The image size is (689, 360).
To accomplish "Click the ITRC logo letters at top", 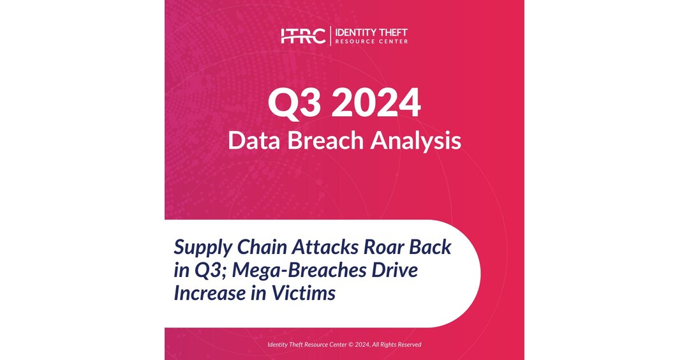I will (x=303, y=36).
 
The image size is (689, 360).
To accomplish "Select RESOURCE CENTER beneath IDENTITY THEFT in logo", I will (x=371, y=41).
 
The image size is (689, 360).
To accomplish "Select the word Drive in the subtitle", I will (x=394, y=270).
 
